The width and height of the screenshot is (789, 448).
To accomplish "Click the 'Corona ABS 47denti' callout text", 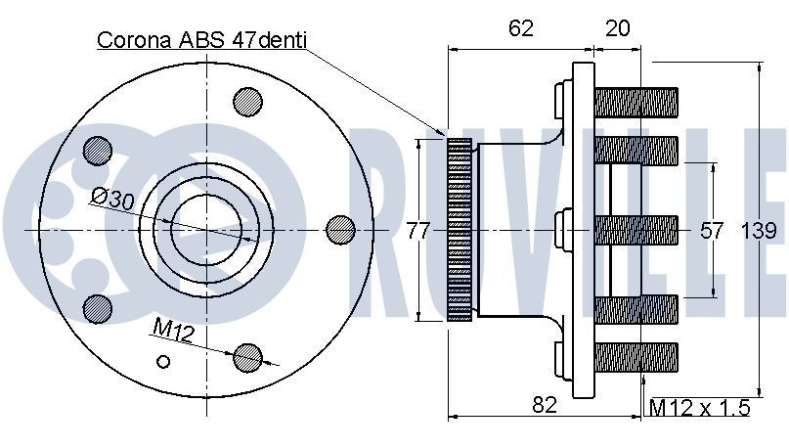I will [x=201, y=40].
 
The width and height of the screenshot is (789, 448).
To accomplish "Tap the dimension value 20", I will [x=617, y=28].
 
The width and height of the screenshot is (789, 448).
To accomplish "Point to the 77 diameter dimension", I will [x=418, y=231].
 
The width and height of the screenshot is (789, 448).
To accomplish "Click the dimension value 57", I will [x=713, y=231].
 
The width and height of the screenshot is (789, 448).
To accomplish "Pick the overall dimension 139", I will [x=759, y=231].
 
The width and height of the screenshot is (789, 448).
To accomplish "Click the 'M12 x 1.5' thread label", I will [x=700, y=407].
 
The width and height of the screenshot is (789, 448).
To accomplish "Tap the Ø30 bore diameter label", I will [x=112, y=199].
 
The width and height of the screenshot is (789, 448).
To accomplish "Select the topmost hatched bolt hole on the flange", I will [x=247, y=102].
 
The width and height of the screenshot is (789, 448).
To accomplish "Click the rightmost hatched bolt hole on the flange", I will [x=340, y=228].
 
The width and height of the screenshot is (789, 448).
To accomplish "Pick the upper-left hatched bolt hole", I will [x=98, y=150].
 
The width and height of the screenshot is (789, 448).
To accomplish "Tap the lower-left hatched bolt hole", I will [x=99, y=307].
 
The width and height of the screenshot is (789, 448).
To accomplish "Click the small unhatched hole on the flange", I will [x=164, y=361].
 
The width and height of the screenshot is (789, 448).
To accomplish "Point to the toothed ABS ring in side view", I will [x=459, y=230].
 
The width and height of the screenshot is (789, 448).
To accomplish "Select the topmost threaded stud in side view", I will [x=636, y=100].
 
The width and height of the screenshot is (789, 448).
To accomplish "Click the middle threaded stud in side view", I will [x=636, y=230].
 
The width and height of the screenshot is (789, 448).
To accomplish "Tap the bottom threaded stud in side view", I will [x=636, y=357].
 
